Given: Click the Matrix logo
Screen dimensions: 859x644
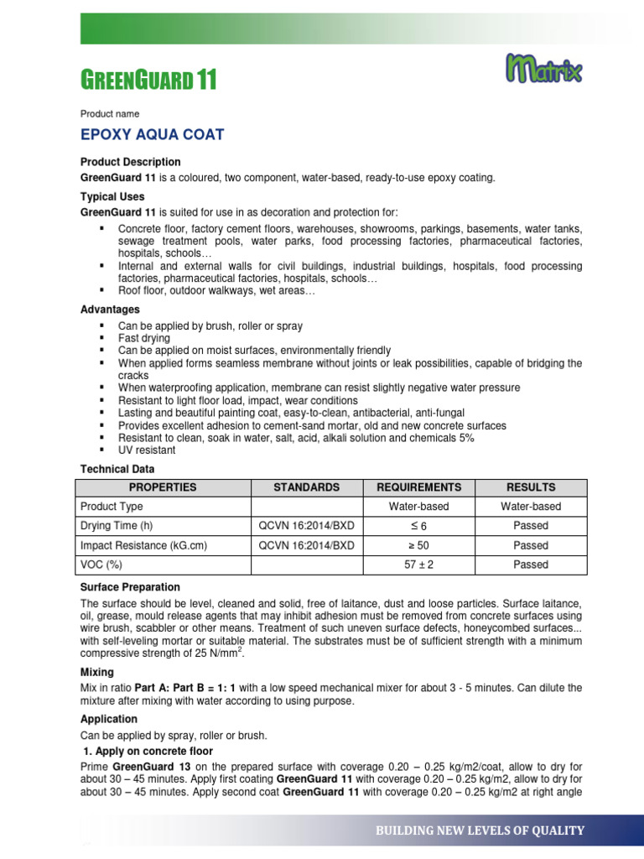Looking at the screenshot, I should (544, 69).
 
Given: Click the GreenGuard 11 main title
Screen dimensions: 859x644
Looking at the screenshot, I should (148, 81).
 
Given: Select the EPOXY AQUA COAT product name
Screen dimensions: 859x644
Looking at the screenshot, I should (152, 135).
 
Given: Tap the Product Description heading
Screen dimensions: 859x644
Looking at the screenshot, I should (130, 162).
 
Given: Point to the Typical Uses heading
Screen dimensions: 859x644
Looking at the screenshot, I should (112, 197).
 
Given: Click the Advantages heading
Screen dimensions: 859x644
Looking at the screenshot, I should (110, 310).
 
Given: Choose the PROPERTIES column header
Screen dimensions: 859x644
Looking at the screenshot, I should (163, 487).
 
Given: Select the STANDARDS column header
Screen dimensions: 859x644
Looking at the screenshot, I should (307, 487).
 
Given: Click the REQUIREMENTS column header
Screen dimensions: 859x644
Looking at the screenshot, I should (418, 487).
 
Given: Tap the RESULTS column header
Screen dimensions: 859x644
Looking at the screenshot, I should (531, 487).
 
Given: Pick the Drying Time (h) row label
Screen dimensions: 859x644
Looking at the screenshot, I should (117, 526).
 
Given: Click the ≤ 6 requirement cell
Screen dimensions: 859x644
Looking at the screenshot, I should (418, 526).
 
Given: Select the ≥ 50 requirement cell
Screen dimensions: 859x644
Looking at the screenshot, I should (418, 545).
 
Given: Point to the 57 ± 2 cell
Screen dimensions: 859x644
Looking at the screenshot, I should (418, 565).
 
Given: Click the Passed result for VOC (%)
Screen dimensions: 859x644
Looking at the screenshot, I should (531, 565).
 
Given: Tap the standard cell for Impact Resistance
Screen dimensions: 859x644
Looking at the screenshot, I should (307, 545).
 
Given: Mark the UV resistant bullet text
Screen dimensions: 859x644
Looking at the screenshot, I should (147, 450).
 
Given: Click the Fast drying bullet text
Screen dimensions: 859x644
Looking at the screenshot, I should (143, 338).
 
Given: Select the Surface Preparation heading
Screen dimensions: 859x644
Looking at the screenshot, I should (130, 587).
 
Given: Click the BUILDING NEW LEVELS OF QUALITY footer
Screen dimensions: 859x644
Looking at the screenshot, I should (480, 830).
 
